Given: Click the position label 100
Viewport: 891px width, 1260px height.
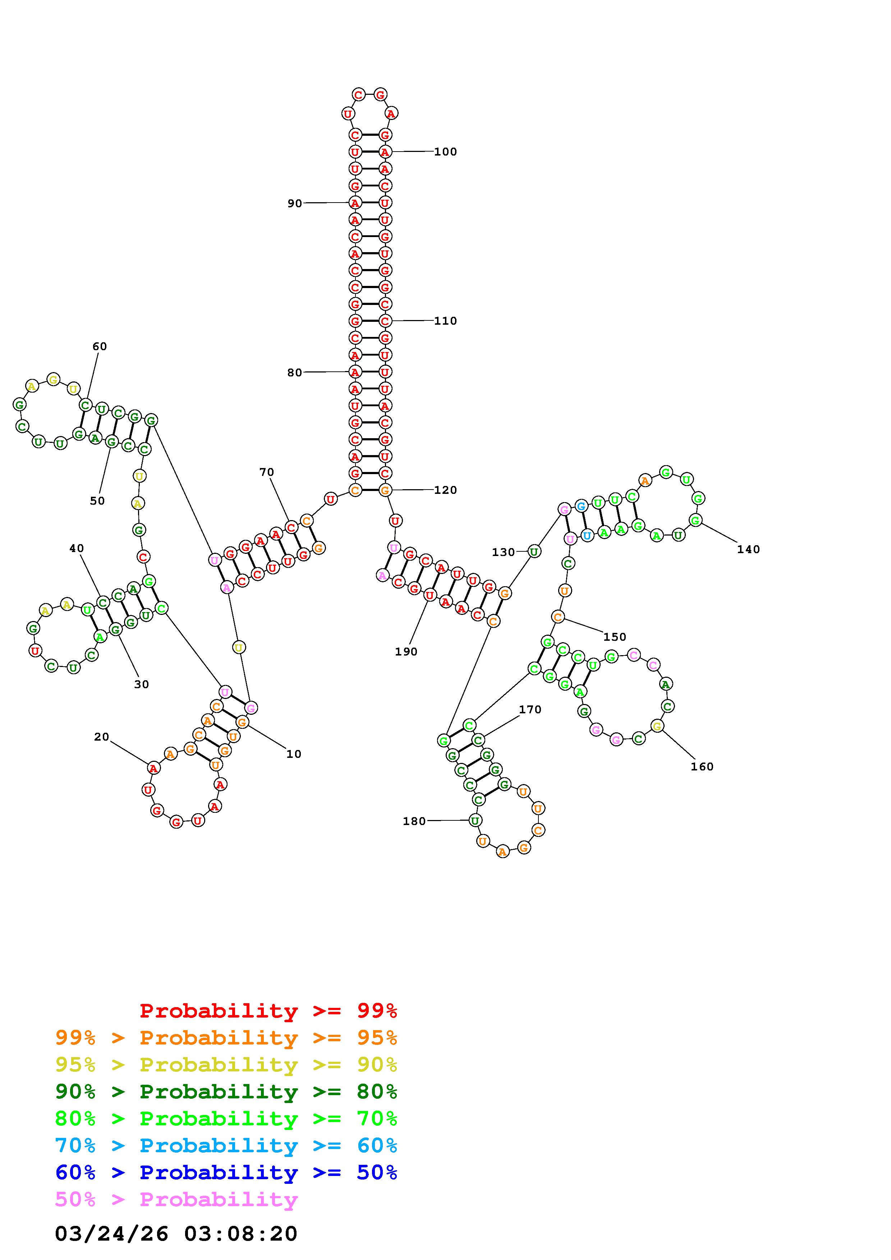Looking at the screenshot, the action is [x=445, y=152].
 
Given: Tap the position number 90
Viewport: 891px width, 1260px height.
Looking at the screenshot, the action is [x=295, y=204].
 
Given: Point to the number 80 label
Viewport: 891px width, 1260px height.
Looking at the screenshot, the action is [x=295, y=372].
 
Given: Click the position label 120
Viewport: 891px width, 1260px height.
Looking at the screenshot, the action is [x=445, y=490].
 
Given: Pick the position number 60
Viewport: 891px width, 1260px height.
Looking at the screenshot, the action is [x=99, y=346].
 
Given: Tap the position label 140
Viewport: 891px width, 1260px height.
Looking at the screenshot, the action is [x=748, y=549].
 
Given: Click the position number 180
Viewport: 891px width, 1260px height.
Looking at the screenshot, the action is [x=414, y=821].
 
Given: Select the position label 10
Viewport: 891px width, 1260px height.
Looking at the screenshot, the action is [x=294, y=754].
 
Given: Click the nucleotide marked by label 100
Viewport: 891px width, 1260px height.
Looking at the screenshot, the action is [x=385, y=152].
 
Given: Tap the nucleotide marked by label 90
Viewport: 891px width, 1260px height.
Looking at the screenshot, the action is [x=355, y=203].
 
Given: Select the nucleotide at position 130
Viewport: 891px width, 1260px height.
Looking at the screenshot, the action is [x=534, y=551].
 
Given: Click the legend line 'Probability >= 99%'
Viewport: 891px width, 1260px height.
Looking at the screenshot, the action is [x=268, y=1010].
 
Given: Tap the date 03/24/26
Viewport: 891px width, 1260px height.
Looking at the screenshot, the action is [x=111, y=1234].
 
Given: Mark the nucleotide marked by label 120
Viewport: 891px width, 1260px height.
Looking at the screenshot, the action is [x=385, y=490].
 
